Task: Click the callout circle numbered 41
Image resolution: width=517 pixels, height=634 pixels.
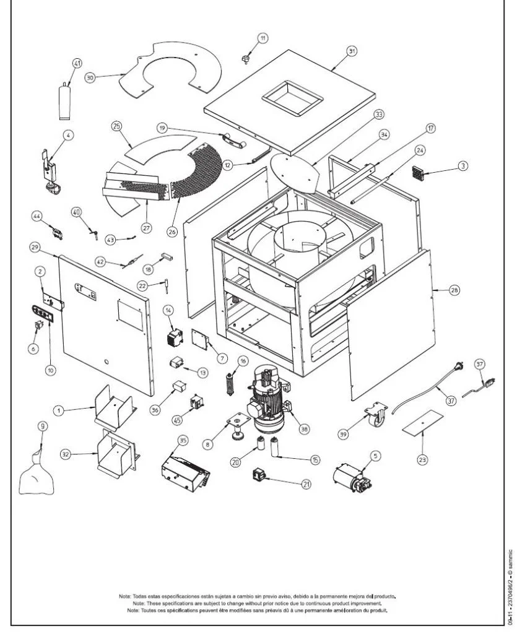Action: pos(77,63)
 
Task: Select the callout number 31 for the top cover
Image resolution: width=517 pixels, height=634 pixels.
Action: pos(352,51)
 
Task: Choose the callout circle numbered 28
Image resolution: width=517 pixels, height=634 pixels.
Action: pos(437,290)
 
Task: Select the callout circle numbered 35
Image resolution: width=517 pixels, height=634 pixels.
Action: pos(182,440)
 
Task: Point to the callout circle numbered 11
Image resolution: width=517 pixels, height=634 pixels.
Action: pos(263,38)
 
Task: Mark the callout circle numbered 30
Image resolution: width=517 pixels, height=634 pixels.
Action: pos(90,79)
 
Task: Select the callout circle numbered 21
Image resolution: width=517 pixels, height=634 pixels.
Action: pos(306,485)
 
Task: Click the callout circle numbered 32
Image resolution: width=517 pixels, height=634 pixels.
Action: pos(65,454)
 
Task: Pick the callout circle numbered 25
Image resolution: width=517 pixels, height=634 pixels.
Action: pos(116,126)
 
